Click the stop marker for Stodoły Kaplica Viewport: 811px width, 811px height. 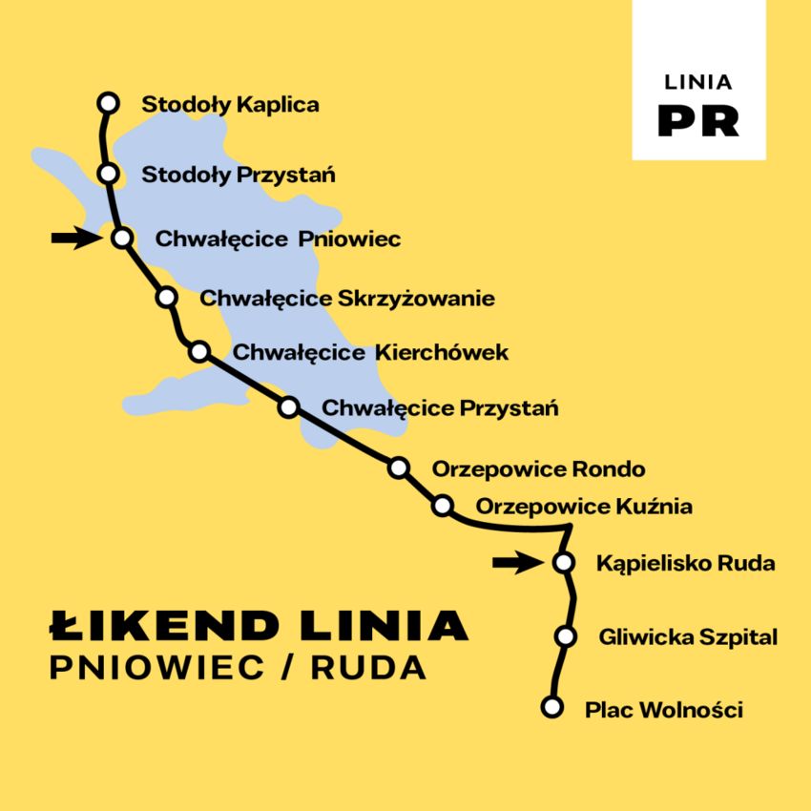pyautogui.click(x=109, y=102)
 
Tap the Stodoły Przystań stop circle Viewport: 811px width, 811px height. pyautogui.click(x=109, y=174)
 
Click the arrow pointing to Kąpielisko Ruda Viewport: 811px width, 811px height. pyautogui.click(x=516, y=563)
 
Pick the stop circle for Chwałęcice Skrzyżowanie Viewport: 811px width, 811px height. pyautogui.click(x=167, y=298)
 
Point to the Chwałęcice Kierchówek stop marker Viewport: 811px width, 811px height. pyautogui.click(x=199, y=351)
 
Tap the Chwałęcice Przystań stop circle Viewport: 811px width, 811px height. pyautogui.click(x=288, y=408)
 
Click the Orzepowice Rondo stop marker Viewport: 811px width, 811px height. pyautogui.click(x=399, y=468)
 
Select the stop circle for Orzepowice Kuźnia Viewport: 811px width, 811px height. pyautogui.click(x=442, y=506)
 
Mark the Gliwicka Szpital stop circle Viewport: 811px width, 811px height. pyautogui.click(x=566, y=635)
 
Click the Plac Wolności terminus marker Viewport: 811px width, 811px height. pyautogui.click(x=551, y=707)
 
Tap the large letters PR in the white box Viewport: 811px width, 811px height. pyautogui.click(x=698, y=119)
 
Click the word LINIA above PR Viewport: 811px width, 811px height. pyautogui.click(x=698, y=82)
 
